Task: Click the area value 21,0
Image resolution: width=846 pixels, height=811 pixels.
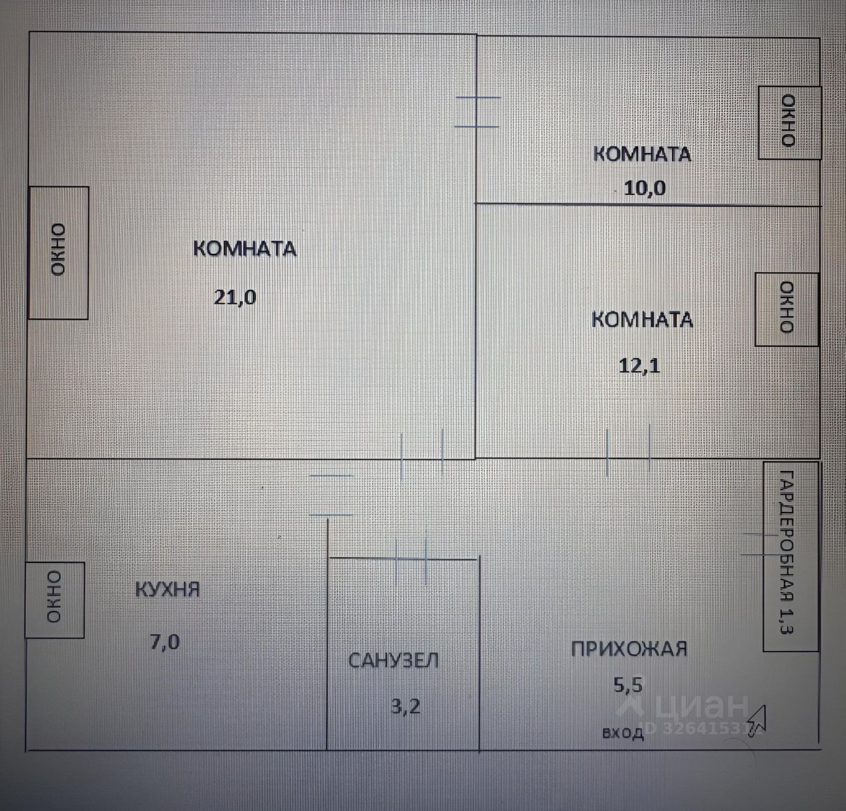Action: tap(235, 296)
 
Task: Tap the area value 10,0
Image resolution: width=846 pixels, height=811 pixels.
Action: tap(645, 188)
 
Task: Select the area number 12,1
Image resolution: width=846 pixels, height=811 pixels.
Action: tap(639, 366)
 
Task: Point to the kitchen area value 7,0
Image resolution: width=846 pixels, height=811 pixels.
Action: tap(164, 642)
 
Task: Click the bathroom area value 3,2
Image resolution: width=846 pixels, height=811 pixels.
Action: tap(405, 706)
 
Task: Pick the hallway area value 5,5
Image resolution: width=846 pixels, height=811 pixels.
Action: tap(628, 684)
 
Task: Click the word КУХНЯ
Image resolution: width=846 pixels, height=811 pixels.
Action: tap(168, 589)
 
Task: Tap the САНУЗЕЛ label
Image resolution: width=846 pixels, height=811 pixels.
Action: tap(394, 660)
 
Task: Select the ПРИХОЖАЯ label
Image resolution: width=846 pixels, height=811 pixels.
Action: tap(629, 648)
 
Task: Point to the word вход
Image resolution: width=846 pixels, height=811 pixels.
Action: tap(623, 733)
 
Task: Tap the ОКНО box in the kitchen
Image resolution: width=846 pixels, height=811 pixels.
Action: tap(54, 599)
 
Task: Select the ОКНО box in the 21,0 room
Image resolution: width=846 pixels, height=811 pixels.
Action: tap(58, 253)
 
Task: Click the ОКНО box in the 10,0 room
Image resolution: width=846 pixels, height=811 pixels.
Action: tap(789, 122)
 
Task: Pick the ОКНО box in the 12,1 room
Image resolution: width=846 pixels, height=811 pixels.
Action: tap(786, 308)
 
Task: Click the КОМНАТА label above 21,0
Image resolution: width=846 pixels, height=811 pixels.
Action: tap(244, 249)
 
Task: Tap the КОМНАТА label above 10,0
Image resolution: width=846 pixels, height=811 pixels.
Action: tap(641, 154)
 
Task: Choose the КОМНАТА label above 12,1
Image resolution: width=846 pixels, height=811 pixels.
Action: tap(641, 320)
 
